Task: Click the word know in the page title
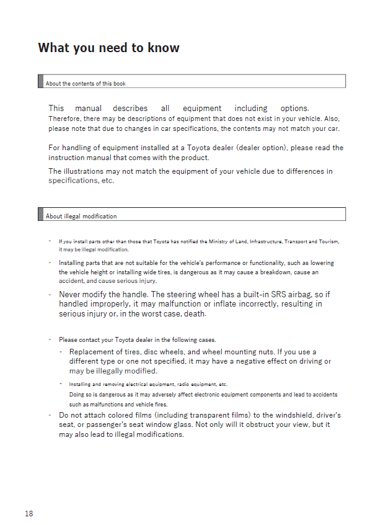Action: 164,48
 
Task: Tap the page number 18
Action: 29,513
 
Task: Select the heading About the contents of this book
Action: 86,83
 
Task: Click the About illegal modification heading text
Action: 81,216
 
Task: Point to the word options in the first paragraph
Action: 294,108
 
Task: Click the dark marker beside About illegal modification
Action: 40,214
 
